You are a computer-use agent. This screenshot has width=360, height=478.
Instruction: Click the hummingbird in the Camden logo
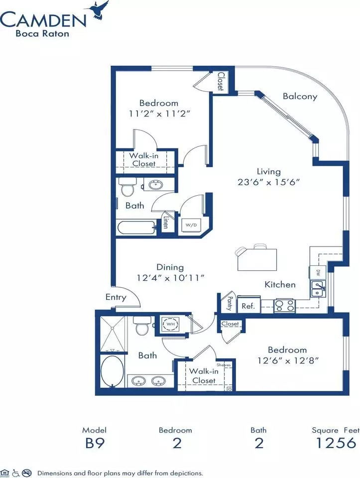coord(99,10)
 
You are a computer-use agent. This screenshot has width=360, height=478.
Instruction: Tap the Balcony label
coord(300,96)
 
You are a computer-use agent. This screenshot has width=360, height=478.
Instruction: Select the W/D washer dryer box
coord(191,225)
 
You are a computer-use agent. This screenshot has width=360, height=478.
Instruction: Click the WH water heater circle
coord(170,324)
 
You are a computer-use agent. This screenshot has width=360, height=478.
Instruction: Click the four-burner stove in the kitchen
coord(284,305)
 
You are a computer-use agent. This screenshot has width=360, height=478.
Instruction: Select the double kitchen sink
coord(318,289)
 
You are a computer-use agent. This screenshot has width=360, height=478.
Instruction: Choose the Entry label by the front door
coord(116,297)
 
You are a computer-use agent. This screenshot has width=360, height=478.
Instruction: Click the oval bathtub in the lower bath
coord(112,371)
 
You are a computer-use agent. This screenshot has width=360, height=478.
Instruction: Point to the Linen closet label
coord(166,222)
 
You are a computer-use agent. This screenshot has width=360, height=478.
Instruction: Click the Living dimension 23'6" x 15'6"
coord(269,182)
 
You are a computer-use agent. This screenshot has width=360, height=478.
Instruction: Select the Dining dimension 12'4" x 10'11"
coord(170,278)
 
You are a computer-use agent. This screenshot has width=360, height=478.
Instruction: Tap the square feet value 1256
coord(336,443)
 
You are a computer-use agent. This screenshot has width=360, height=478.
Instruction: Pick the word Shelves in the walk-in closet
coord(224,364)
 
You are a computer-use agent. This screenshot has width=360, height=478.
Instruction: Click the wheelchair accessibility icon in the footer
coord(16,473)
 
